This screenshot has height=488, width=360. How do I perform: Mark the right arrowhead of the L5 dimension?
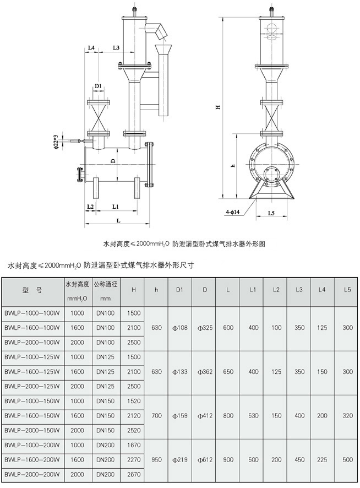click(x=285, y=216)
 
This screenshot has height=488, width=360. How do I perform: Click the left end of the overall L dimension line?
click(x=85, y=223)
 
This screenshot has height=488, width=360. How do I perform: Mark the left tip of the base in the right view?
click(x=249, y=198)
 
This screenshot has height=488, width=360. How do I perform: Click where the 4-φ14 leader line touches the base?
click(x=256, y=199)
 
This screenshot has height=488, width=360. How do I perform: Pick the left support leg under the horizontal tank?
click(x=96, y=188)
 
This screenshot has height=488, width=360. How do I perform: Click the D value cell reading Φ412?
click(x=205, y=415)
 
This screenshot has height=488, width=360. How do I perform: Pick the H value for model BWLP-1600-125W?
click(x=134, y=372)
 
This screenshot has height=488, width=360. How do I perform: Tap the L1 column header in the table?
click(x=253, y=290)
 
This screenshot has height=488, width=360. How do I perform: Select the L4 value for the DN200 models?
click(x=322, y=459)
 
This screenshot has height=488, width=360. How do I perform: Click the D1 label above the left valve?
click(x=99, y=85)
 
